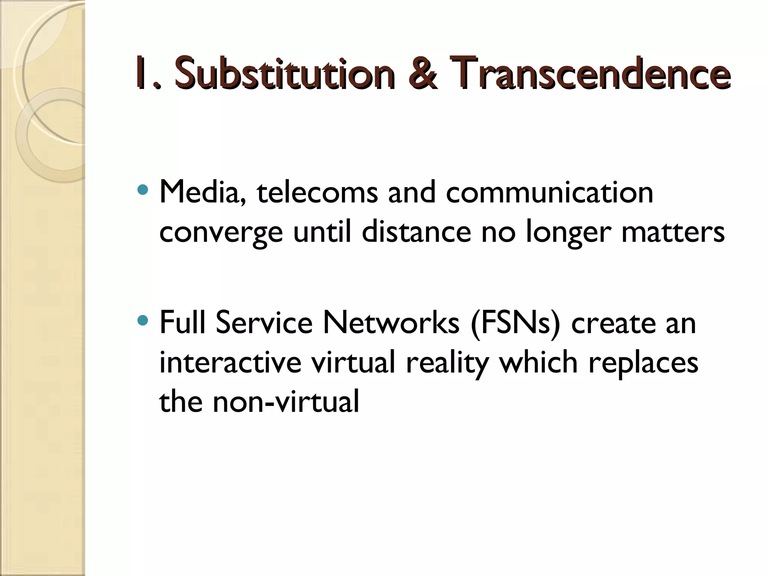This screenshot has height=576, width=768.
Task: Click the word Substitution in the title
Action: (284, 73)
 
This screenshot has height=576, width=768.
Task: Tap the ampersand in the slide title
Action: (423, 73)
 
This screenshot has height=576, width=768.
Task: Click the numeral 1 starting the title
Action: (141, 73)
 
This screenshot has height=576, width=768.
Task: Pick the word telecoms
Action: (317, 192)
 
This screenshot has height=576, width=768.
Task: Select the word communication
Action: (549, 192)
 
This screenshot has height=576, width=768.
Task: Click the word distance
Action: (416, 232)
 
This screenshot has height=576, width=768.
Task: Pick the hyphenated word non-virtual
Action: (286, 402)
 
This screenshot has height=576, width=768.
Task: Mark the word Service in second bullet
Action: (264, 322)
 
